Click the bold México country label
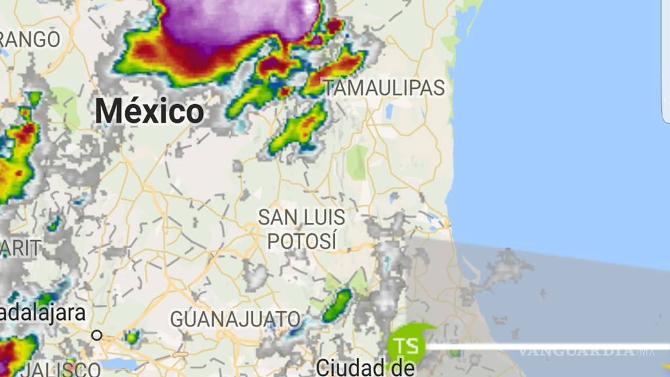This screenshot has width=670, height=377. click(149, 111)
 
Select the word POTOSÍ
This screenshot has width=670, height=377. click(302, 240)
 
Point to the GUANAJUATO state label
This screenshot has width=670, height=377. click(235, 319)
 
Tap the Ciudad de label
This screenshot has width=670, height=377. click(365, 368)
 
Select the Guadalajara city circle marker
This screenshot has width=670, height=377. click(97, 335)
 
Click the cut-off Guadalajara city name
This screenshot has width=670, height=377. click(42, 313)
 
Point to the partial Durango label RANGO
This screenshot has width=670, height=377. click(29, 40)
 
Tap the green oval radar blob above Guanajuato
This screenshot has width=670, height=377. click(337, 305)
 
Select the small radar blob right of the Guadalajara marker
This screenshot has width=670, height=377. click(133, 336)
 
